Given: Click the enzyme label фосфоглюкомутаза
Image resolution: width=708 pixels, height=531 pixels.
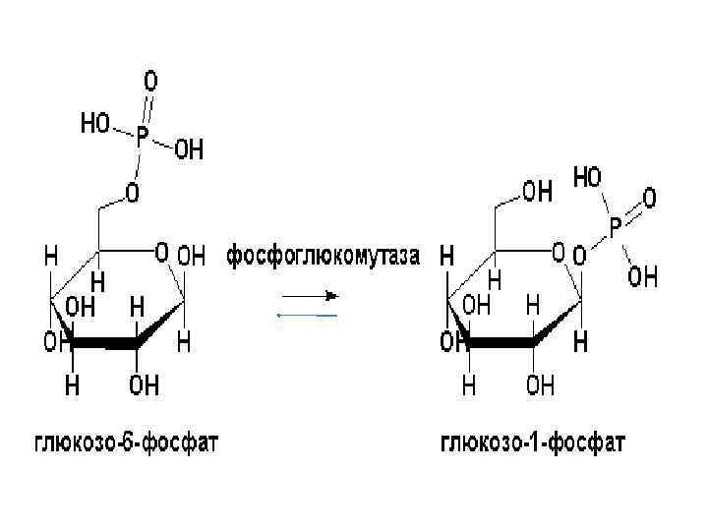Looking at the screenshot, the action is coord(324,257).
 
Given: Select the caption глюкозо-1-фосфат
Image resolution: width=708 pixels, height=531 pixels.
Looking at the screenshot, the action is coord(531,443).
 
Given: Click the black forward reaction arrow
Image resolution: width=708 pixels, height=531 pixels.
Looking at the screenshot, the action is coord(310,294).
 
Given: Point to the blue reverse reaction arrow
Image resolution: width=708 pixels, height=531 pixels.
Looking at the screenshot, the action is coord(307,315).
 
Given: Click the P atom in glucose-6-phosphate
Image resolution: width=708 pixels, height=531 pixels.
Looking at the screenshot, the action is coord(143,140).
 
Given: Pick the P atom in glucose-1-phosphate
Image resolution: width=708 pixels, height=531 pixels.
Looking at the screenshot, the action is coord(616,230).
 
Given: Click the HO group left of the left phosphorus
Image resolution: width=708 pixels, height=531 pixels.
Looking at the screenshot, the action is coord(95,125).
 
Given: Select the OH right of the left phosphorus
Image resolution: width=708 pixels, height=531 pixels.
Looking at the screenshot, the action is coord(189,150).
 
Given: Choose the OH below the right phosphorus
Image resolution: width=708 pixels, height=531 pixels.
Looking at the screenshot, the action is coord(643,278).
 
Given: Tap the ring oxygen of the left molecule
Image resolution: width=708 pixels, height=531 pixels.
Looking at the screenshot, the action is coord(161,253).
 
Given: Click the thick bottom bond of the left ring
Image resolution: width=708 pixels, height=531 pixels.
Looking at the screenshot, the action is coord(106,344).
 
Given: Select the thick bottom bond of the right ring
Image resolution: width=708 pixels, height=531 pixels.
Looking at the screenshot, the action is coord(501,344).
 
